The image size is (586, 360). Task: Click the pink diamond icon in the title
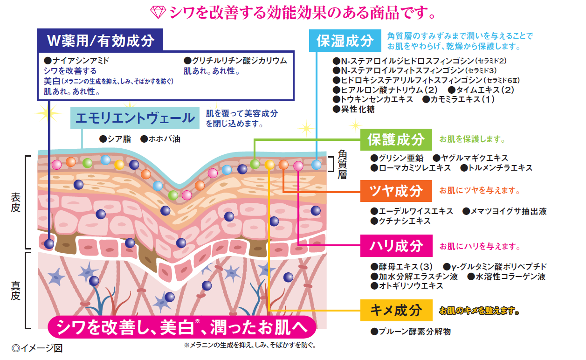159,13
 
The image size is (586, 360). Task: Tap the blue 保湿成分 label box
345,41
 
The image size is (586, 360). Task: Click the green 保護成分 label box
396,139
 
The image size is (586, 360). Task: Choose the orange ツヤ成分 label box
396,191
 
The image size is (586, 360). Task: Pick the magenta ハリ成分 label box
396,246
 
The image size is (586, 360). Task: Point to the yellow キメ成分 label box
396,310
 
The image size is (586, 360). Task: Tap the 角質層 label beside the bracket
343,165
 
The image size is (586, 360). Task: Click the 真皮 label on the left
15,289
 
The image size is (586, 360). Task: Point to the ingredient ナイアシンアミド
79,61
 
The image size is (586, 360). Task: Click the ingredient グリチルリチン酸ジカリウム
238,61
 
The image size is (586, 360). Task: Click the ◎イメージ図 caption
37,348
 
